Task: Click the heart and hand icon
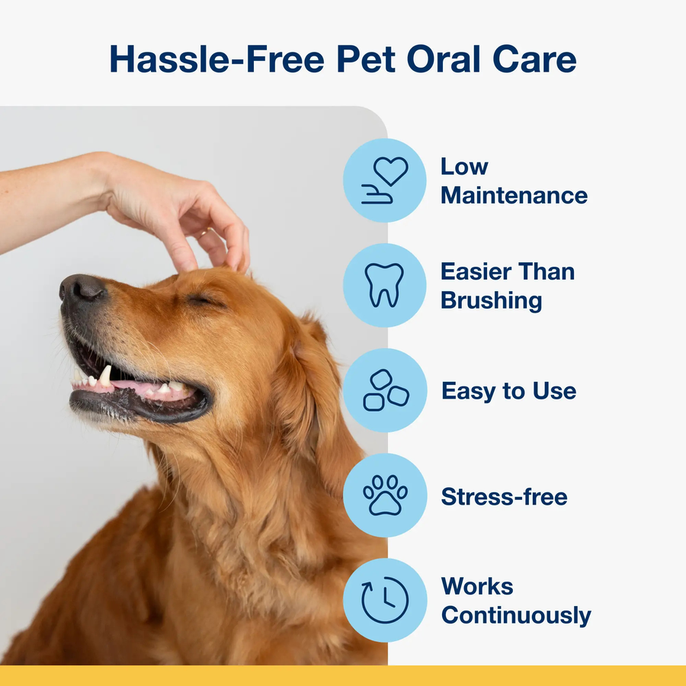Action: [x=385, y=181]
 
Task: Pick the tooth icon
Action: [x=385, y=285]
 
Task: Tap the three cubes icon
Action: [x=385, y=390]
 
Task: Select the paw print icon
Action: [x=385, y=495]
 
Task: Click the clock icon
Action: [x=385, y=601]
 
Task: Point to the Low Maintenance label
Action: [x=514, y=181]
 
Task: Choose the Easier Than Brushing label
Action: [x=508, y=285]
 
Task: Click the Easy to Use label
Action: [x=508, y=391]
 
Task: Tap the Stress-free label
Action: [x=504, y=497]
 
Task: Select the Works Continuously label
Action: [x=515, y=601]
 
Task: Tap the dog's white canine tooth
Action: [x=104, y=374]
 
